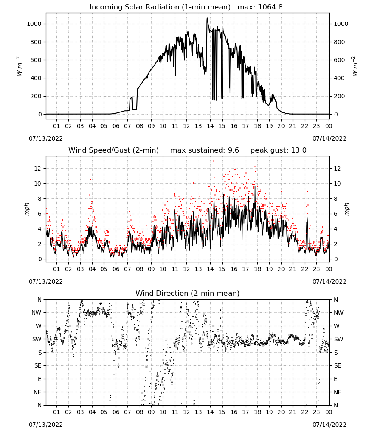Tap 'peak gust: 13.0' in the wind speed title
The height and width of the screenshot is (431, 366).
[x=278, y=150]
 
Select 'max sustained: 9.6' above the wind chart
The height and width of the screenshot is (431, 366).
[x=205, y=150]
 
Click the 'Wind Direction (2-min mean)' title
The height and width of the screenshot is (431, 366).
[x=188, y=293]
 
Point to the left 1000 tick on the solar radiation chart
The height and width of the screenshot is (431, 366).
[x=34, y=24]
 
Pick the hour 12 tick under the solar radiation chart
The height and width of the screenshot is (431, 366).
[x=186, y=126]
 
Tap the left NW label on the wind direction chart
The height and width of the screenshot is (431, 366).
[x=37, y=313]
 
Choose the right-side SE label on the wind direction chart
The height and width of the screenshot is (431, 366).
[x=338, y=365]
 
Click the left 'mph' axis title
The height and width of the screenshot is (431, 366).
[x=27, y=209]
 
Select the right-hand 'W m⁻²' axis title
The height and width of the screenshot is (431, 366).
[x=354, y=66]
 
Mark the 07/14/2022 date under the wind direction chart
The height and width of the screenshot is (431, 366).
[x=329, y=425]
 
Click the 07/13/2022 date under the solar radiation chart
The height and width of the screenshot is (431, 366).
[x=46, y=138]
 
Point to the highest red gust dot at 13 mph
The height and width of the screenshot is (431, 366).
[x=214, y=161]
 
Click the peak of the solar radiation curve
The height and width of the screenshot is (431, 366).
[x=207, y=18]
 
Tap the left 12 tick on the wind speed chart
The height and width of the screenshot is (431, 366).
[x=38, y=169]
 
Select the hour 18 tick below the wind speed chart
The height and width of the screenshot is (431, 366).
[x=257, y=269]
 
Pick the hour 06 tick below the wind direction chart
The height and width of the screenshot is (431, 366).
[x=115, y=412]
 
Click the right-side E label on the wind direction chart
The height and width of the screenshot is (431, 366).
[x=335, y=379]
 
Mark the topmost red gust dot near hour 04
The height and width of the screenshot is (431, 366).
[x=90, y=179]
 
